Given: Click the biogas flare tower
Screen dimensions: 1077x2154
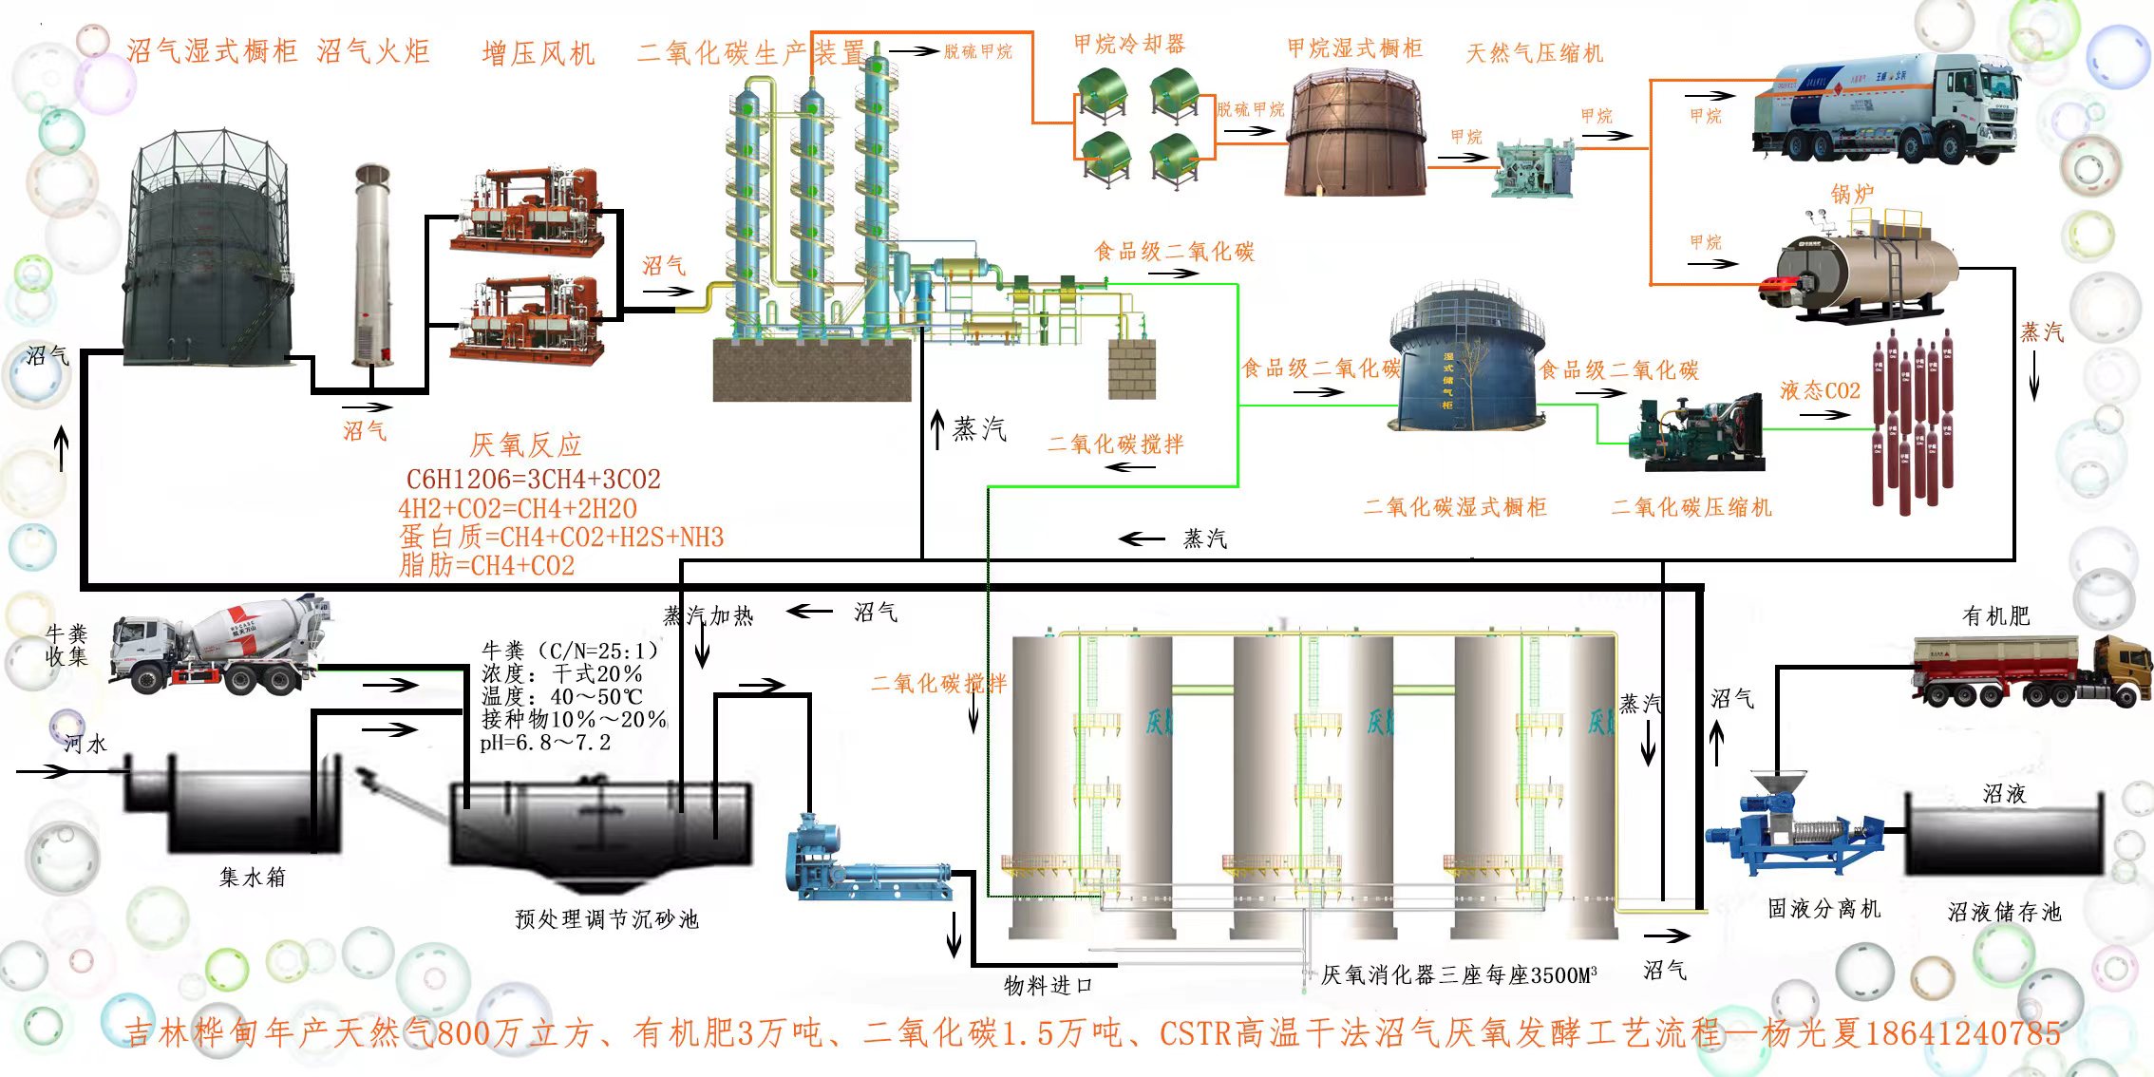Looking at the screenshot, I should click(x=372, y=266).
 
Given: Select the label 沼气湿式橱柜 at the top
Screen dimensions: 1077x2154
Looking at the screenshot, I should click(x=212, y=51).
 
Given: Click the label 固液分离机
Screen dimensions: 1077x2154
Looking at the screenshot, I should click(x=1823, y=909).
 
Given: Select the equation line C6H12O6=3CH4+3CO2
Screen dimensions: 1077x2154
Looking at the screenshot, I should click(x=533, y=479).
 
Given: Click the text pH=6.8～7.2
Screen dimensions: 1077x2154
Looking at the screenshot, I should click(x=545, y=743).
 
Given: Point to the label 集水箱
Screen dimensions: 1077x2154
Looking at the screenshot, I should click(x=252, y=878).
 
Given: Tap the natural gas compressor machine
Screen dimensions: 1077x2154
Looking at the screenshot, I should click(x=1532, y=169).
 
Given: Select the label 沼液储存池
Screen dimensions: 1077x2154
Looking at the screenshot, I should click(x=2004, y=913).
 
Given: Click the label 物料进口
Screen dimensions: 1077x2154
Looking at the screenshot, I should click(x=1048, y=986).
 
